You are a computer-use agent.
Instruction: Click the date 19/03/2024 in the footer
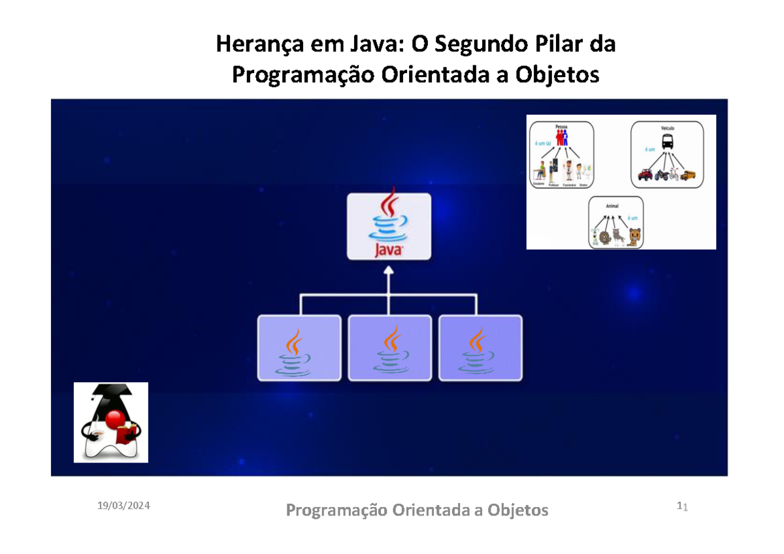123,506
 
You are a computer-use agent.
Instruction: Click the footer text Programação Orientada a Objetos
417,510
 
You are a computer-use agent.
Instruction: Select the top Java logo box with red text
389,227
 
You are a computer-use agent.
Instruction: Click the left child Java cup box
299,348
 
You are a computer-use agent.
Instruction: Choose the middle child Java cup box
389,348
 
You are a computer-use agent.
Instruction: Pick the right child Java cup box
480,348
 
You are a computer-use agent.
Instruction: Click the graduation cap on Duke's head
110,393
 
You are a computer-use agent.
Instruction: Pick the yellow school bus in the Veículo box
687,175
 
